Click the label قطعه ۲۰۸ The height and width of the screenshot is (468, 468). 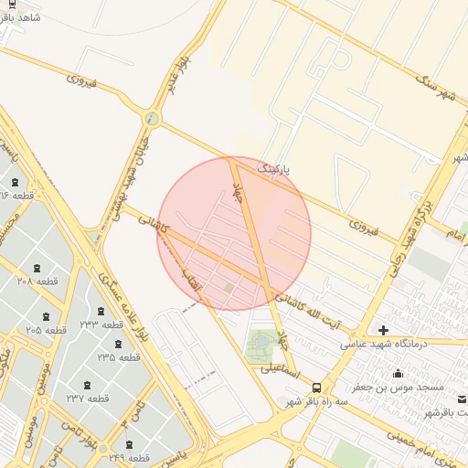pyautogui.click(x=37, y=281)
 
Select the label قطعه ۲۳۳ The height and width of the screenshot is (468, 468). pyautogui.click(x=101, y=324)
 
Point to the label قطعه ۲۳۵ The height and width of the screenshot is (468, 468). pyautogui.click(x=119, y=356)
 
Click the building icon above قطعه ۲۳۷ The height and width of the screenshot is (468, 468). pyautogui.click(x=88, y=384)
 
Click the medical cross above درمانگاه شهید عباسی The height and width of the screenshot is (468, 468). pyautogui.click(x=383, y=330)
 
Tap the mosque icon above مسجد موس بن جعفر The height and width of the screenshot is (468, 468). pyautogui.click(x=398, y=373)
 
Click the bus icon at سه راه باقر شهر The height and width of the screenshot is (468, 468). pyautogui.click(x=316, y=388)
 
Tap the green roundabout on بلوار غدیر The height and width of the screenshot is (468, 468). pyautogui.click(x=152, y=118)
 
